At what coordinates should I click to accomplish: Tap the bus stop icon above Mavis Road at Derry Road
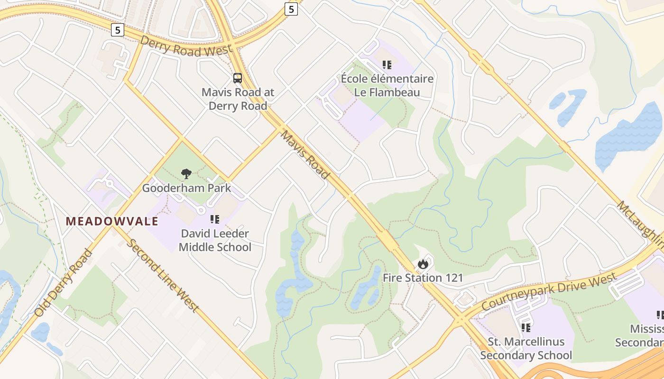238,78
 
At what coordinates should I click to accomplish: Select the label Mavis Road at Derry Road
238,99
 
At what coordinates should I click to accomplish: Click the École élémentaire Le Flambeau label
387,85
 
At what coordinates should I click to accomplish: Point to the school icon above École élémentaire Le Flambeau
387,64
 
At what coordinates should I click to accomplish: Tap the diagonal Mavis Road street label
305,155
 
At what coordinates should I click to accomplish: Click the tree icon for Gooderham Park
186,174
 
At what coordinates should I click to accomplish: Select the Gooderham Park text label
186,188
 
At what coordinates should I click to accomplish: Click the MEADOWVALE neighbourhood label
112,221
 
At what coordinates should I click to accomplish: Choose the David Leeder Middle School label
215,240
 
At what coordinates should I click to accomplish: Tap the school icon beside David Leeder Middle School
215,219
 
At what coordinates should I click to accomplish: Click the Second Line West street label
163,275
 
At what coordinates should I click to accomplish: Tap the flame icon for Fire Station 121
423,264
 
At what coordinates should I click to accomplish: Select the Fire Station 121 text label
423,278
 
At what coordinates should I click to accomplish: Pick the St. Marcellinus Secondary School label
526,348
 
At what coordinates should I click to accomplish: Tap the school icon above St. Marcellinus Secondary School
526,327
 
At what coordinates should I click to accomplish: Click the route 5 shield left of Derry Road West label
118,30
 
